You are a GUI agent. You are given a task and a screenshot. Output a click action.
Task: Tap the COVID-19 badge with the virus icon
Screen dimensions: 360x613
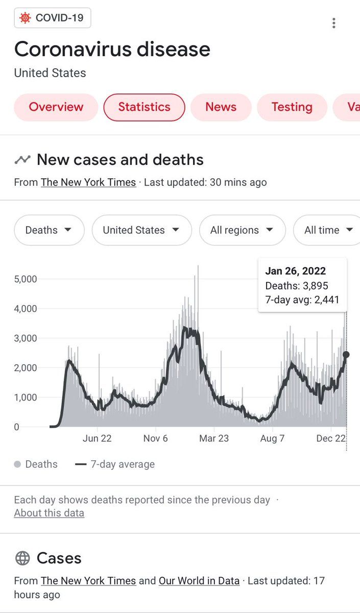tap(53, 18)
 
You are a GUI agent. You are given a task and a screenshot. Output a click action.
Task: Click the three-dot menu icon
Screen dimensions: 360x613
tap(334, 23)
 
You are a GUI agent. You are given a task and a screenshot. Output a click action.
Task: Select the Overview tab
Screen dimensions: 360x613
tap(56, 107)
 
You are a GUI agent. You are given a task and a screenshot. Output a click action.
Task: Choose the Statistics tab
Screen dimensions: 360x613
tap(144, 107)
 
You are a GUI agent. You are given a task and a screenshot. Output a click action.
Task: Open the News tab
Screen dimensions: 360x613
tap(221, 107)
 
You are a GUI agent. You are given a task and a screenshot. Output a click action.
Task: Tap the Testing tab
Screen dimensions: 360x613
tap(292, 107)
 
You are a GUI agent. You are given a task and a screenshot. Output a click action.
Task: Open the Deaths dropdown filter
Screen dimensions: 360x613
tap(49, 230)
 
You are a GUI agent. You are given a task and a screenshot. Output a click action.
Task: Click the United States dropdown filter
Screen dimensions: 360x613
tap(142, 230)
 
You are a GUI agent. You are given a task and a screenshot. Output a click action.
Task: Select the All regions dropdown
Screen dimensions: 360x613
tap(243, 230)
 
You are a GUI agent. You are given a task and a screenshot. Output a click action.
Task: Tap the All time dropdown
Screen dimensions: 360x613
tap(327, 230)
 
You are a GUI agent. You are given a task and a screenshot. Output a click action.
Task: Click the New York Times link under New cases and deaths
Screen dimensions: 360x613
tap(88, 182)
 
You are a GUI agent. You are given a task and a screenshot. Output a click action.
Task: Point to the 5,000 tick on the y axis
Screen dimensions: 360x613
tap(26, 279)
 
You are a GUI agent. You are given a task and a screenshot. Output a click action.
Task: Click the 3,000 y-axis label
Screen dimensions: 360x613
tap(26, 338)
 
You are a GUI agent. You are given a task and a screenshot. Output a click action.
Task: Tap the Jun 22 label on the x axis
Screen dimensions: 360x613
tap(97, 438)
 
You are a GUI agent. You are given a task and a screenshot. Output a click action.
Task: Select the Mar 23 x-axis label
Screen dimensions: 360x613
tap(214, 438)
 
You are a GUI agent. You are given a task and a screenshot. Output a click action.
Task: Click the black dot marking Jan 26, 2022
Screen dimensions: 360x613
tap(346, 355)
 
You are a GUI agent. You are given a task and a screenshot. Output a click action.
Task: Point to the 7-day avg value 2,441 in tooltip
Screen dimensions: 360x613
tap(327, 300)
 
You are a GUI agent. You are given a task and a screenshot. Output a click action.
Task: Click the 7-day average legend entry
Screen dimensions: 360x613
tap(115, 464)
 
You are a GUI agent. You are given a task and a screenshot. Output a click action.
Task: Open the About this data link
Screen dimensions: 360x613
tap(49, 513)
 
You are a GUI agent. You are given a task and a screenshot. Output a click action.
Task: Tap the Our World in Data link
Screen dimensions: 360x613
tap(199, 581)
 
